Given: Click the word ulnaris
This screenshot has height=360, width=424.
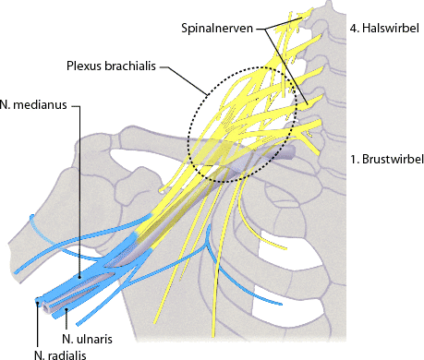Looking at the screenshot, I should pos(94,338).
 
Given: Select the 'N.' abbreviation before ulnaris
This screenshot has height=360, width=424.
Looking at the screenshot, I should pos(68,338).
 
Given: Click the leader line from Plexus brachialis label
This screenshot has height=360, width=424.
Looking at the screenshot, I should pos(185,78).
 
